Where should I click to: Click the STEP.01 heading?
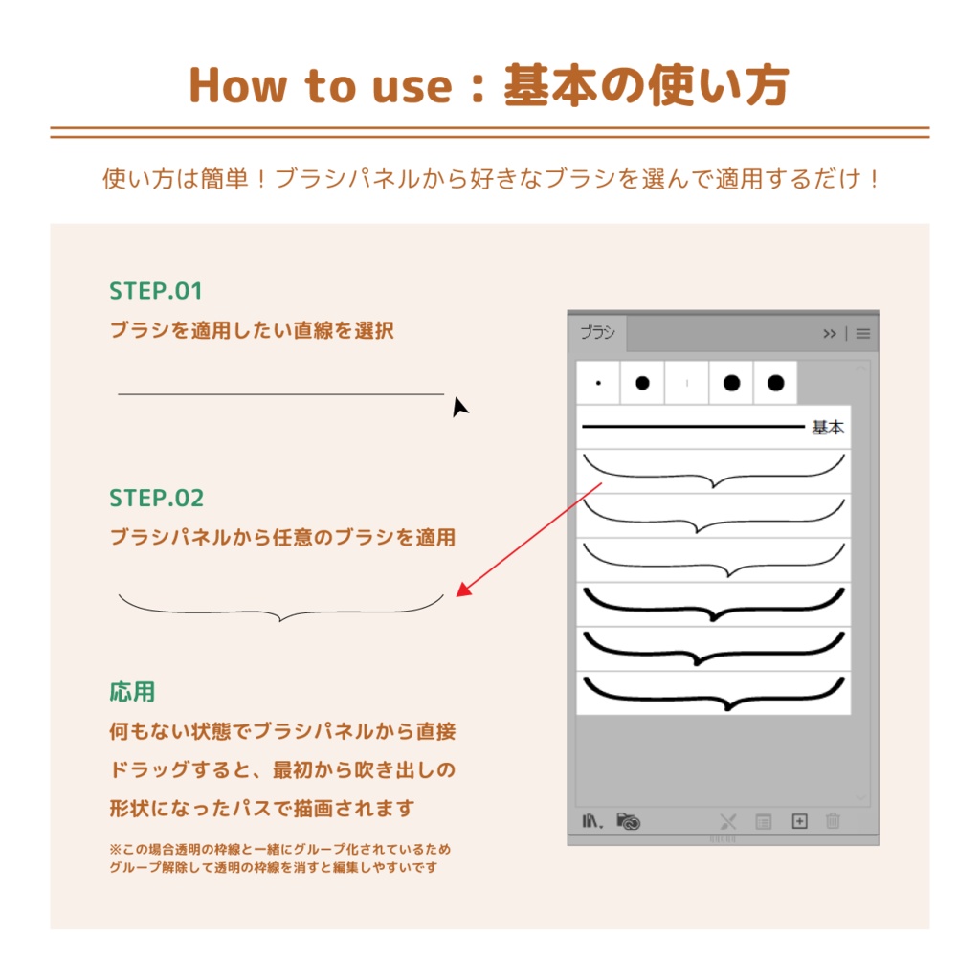[x=156, y=291]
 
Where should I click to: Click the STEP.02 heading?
[x=157, y=499]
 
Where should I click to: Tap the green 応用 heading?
[x=132, y=691]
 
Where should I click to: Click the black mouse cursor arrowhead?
[x=460, y=407]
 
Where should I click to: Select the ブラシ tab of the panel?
[x=598, y=334]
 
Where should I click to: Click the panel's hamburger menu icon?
[x=863, y=334]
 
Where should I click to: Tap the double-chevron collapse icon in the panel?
[x=830, y=334]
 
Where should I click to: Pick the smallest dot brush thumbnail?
[x=598, y=383]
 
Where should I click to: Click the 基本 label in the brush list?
[x=828, y=428]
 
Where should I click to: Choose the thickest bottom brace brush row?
[x=714, y=693]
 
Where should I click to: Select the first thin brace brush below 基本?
[x=714, y=471]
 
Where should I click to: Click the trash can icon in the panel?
[x=833, y=821]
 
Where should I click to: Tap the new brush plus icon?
[x=800, y=821]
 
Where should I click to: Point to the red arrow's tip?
[x=458, y=595]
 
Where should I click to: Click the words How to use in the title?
[x=321, y=86]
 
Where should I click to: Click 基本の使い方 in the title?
[x=646, y=86]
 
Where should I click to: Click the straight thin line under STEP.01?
[x=280, y=393]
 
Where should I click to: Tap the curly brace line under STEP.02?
[x=280, y=611]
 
